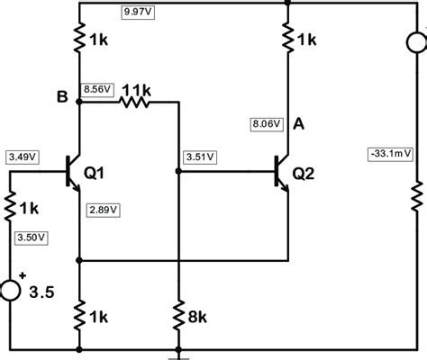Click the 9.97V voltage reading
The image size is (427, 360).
coord(138,12)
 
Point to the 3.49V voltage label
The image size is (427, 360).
coord(23,156)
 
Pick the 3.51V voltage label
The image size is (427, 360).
coord(199,157)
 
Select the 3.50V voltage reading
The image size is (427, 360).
coord(32,237)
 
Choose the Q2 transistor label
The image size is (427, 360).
coord(304,174)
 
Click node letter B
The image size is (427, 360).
coord(61,97)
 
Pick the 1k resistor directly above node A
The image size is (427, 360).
coord(288,38)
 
